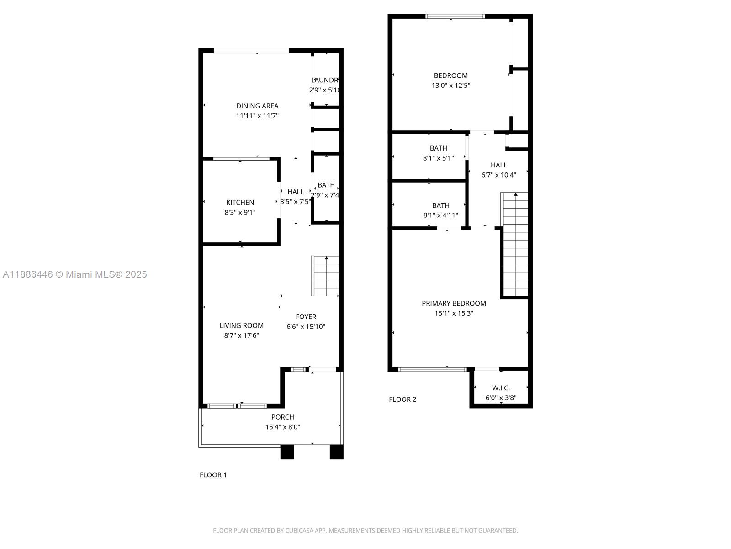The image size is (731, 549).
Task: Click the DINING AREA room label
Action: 257,106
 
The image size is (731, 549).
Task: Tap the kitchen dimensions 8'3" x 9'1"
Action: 240,212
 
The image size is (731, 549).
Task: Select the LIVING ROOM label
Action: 241,325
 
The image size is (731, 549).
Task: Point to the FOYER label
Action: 306,317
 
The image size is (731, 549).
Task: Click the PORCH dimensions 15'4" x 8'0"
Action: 282,427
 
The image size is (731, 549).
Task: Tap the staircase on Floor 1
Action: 325,276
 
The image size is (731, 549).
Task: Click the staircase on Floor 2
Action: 515,245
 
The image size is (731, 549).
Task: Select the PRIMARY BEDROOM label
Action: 453,303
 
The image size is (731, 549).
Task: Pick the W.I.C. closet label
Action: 501,388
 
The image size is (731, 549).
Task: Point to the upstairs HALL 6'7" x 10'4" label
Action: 498,165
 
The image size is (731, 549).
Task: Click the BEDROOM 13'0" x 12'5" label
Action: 450,75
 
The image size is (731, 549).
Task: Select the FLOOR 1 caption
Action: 213,475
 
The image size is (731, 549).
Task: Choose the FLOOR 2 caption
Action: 403,399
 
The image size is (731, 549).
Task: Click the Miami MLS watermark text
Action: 74,274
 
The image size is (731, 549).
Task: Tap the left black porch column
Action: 287,452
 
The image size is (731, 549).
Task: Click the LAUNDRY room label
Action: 325,80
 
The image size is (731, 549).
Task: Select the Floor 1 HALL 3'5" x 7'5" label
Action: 296,192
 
